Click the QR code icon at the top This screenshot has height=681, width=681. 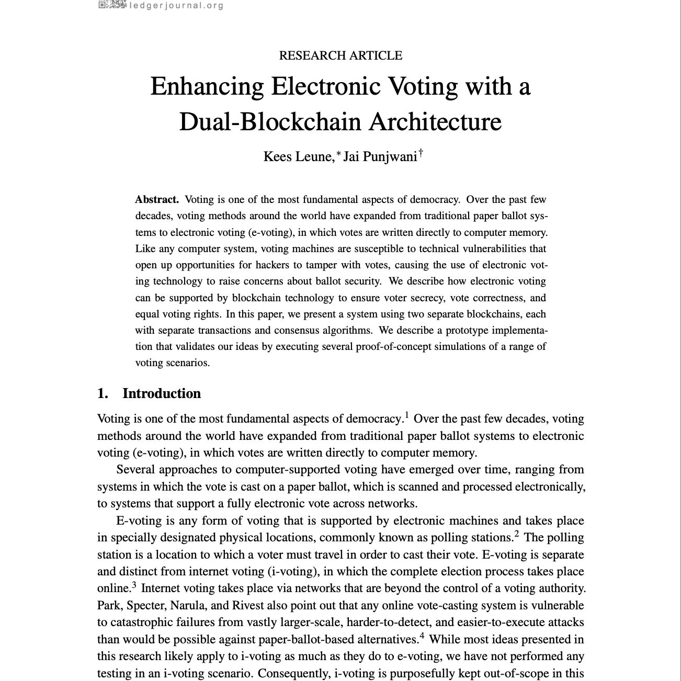pyautogui.click(x=112, y=5)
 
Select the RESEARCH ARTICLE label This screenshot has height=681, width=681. pyautogui.click(x=340, y=55)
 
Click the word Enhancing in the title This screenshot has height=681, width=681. pyautogui.click(x=207, y=87)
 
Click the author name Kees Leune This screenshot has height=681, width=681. pyautogui.click(x=297, y=156)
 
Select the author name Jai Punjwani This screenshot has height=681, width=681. pyautogui.click(x=380, y=156)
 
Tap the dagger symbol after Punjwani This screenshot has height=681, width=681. pyautogui.click(x=421, y=153)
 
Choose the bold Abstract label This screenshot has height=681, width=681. pyautogui.click(x=157, y=199)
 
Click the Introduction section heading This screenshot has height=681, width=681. pyautogui.click(x=161, y=393)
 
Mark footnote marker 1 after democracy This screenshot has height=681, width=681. pyautogui.click(x=406, y=416)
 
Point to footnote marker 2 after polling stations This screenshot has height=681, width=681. pyautogui.click(x=516, y=534)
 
